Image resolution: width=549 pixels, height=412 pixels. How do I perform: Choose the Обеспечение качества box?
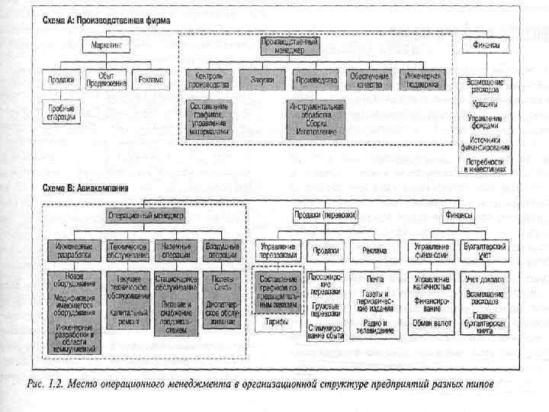369,79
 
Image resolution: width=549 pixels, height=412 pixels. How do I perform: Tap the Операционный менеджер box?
146,215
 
